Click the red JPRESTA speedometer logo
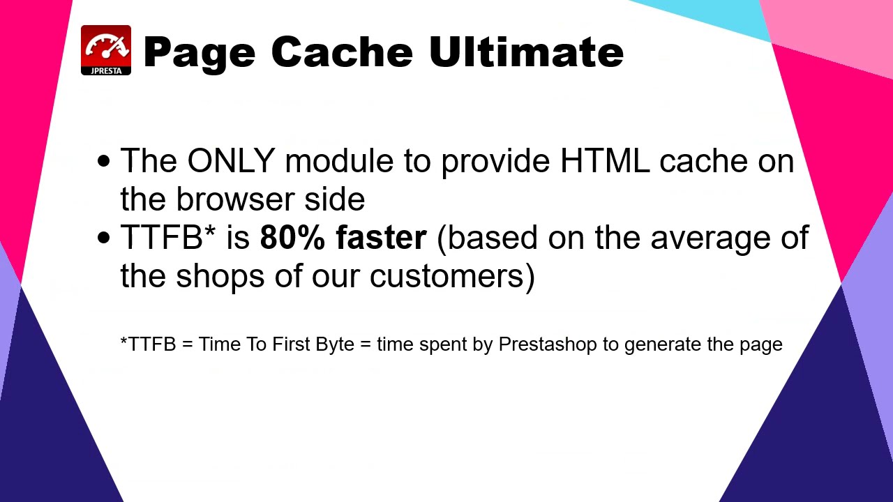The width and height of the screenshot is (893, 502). pyautogui.click(x=106, y=50)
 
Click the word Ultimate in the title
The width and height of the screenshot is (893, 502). pyautogui.click(x=526, y=52)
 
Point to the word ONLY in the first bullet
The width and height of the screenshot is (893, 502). pyautogui.click(x=230, y=161)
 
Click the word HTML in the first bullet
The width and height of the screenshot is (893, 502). pyautogui.click(x=605, y=161)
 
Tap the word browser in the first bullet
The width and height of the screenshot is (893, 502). pyautogui.click(x=235, y=199)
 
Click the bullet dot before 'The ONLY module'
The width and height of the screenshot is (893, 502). pyautogui.click(x=104, y=162)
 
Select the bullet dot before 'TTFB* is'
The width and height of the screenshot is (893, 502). pyautogui.click(x=104, y=238)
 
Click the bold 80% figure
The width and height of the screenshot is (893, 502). pyautogui.click(x=292, y=238)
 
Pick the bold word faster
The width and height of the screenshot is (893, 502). pyautogui.click(x=381, y=238)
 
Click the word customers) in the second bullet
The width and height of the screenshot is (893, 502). pyautogui.click(x=452, y=276)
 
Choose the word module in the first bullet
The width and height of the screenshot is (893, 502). pyautogui.click(x=339, y=161)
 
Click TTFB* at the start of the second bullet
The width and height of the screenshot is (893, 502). pyautogui.click(x=168, y=238)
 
